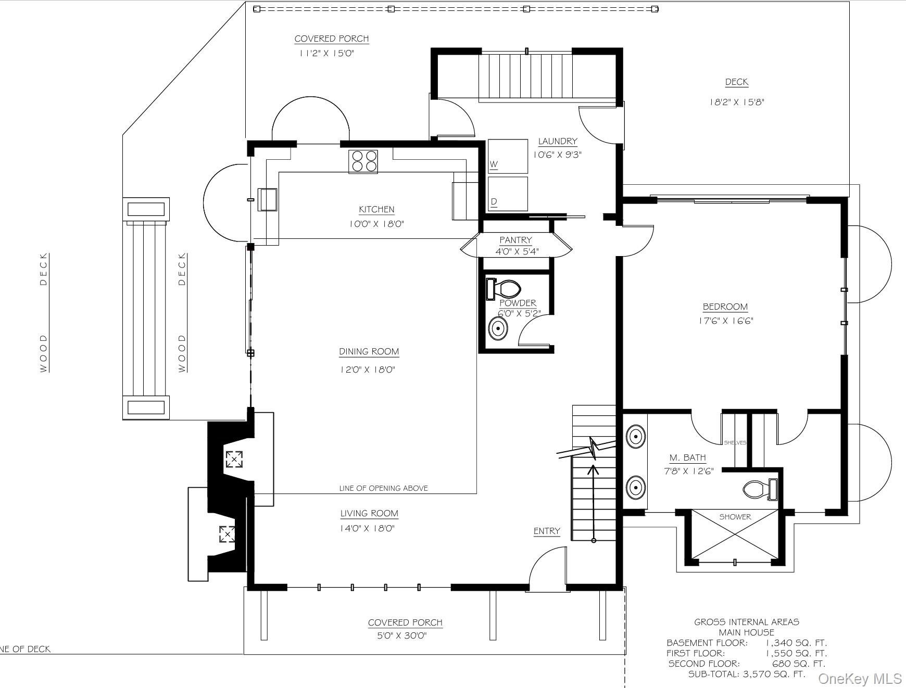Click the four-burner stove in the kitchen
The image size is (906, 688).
pos(363,161)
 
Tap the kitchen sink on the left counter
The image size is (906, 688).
pos(268,199)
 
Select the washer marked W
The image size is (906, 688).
pos(508,156)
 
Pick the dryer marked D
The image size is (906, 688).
pos(508,194)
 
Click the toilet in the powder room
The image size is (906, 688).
pos(504,289)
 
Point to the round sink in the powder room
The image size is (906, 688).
pos(498,328)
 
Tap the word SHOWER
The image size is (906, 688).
pos(735,517)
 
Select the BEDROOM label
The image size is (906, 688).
pos(725,307)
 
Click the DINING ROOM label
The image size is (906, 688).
pos(369,352)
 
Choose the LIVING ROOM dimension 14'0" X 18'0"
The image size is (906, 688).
pos(368,529)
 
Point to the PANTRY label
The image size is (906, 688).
pos(515,240)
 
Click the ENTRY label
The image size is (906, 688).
pos(547,531)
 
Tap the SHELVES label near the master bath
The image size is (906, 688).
pos(735,443)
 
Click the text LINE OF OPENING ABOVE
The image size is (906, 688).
pos(384,488)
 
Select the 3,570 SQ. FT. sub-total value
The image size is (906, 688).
pos(773,674)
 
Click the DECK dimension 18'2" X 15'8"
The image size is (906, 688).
pos(736,103)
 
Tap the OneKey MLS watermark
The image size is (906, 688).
pos(860,679)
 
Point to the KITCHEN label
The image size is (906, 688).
pos(376,209)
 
